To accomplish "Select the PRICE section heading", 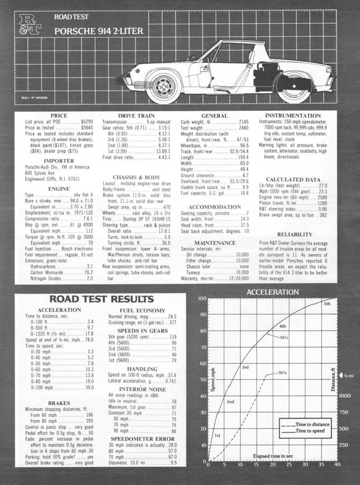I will pyautogui.click(x=58, y=116).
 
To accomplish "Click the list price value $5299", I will pyautogui.click(x=88, y=122).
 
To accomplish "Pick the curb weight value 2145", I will pyautogui.click(x=244, y=122).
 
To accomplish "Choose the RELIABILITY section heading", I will pyautogui.click(x=295, y=234).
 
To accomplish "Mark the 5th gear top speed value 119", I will pyautogui.click(x=173, y=337).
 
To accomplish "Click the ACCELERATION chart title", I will pyautogui.click(x=273, y=292).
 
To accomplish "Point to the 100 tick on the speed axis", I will pyautogui.click(x=202, y=298).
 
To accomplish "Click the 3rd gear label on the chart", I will pyautogui.click(x=245, y=367).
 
